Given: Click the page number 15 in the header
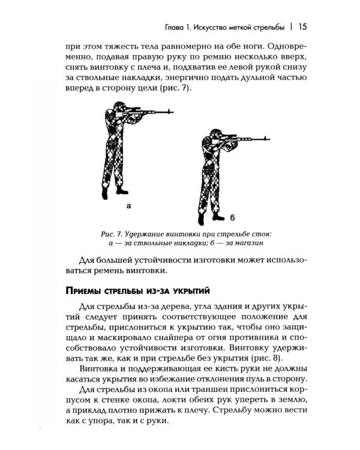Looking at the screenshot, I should (302, 27).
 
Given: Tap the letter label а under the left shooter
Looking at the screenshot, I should (128, 206).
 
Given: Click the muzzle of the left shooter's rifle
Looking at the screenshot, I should (172, 111).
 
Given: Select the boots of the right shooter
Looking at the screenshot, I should (208, 218).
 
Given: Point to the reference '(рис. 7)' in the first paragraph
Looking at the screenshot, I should (189, 89).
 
